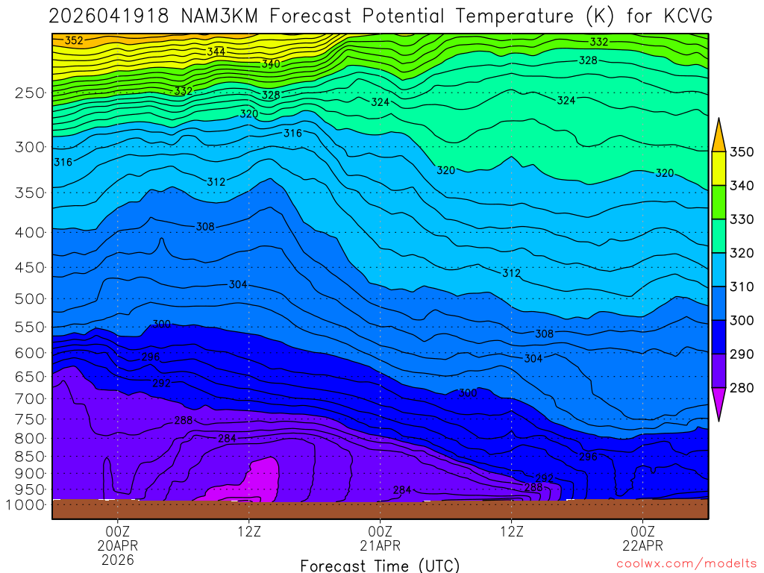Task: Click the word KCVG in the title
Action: tap(688, 16)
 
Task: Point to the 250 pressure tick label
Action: tap(30, 93)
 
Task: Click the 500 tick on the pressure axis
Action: tap(30, 299)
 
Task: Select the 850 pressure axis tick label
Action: tap(30, 456)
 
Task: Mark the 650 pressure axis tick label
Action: tap(30, 377)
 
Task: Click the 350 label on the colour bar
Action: tap(742, 152)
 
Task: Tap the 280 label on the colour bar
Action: tap(742, 387)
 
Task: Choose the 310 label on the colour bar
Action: tap(742, 286)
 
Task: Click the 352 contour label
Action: tap(74, 40)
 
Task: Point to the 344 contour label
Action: tap(216, 51)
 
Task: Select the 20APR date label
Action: tap(118, 545)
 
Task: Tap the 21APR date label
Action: tap(381, 545)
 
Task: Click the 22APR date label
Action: tap(643, 545)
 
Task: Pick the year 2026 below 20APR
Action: tap(118, 559)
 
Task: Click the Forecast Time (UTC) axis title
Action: tap(380, 565)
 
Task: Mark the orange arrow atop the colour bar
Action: tap(718, 136)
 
